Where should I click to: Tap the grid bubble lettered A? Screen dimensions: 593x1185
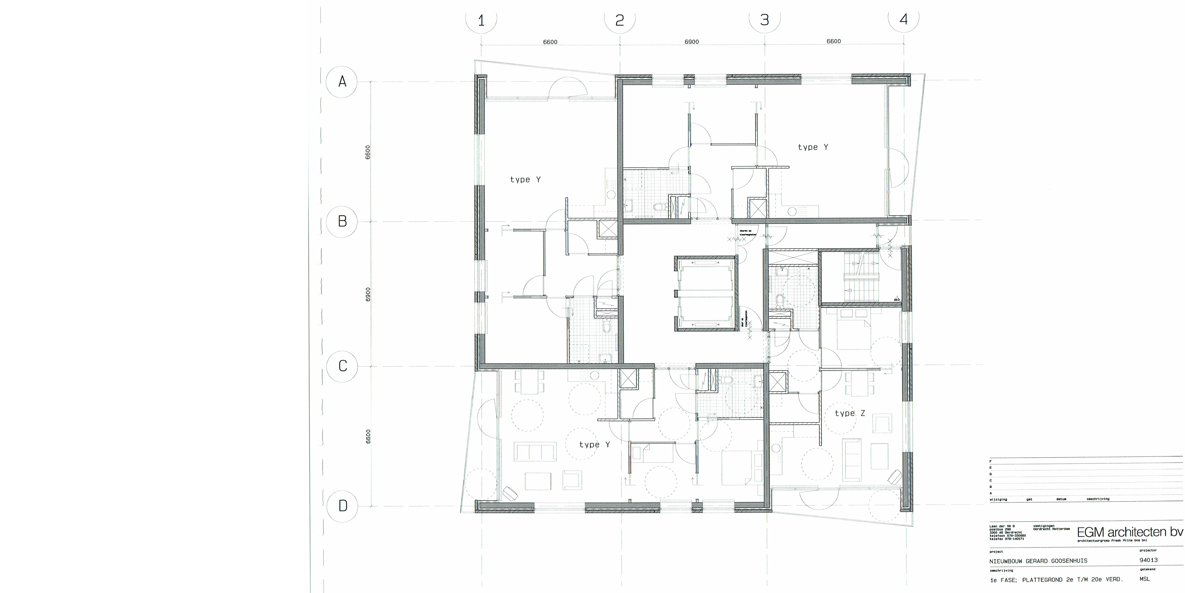click(x=342, y=82)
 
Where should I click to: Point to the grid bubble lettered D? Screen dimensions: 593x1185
click(x=342, y=506)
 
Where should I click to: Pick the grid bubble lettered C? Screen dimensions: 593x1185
click(x=342, y=366)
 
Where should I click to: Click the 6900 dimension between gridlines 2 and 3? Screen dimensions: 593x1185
click(x=691, y=42)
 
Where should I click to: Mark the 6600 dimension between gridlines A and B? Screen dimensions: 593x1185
click(x=368, y=152)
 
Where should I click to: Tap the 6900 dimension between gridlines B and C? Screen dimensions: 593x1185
click(x=368, y=294)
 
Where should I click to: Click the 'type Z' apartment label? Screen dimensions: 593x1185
click(x=850, y=413)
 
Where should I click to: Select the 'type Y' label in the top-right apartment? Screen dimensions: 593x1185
click(x=813, y=147)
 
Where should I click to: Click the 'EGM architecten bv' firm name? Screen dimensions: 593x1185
click(x=1129, y=532)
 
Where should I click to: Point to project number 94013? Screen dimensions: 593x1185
click(x=1148, y=560)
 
